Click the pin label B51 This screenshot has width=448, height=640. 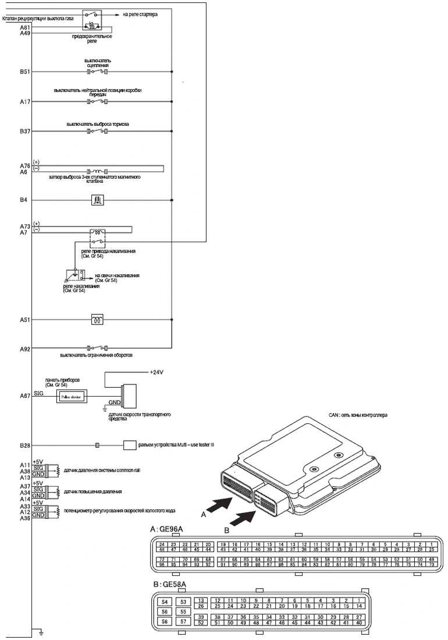(25, 72)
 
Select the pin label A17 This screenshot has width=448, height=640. (25, 102)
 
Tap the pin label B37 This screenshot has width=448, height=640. (25, 132)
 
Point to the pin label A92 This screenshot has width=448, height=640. (25, 349)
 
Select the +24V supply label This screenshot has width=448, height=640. (157, 371)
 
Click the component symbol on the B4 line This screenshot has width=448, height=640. (98, 200)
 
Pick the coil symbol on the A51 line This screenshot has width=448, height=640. (98, 320)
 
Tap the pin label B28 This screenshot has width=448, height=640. (25, 445)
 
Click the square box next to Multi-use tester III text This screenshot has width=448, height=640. (129, 445)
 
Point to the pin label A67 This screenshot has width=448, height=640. (25, 395)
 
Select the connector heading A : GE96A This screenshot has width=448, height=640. (167, 529)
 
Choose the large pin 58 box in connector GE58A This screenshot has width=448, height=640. (165, 622)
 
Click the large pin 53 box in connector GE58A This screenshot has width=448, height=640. (183, 602)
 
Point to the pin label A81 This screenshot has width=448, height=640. (25, 27)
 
